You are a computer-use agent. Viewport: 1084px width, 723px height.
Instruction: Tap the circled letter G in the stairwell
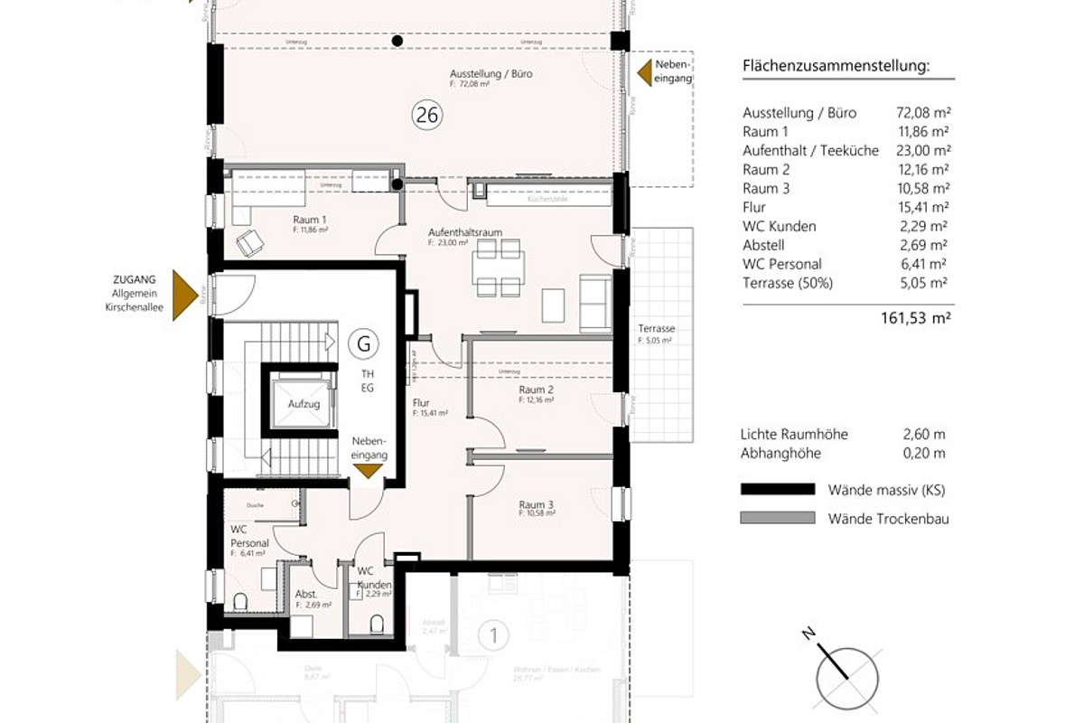364,343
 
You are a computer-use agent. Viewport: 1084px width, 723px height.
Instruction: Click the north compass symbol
847,672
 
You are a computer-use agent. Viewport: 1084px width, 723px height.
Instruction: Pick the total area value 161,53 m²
915,317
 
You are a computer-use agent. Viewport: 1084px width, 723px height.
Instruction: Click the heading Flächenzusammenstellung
836,67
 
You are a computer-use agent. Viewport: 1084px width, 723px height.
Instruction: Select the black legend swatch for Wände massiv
776,490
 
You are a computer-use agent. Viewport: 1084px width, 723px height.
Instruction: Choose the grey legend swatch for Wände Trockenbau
776,519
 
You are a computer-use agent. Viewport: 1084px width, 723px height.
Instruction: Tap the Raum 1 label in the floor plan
309,220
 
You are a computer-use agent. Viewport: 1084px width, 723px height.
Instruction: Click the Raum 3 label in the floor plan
536,504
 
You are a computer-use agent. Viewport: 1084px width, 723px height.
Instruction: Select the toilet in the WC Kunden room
378,623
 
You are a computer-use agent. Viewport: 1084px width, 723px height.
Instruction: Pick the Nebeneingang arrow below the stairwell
368,470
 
